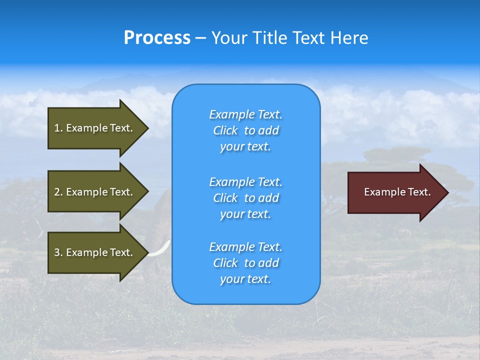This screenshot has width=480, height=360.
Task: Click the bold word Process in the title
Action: [x=157, y=38]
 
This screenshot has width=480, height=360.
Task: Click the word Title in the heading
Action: [x=270, y=38]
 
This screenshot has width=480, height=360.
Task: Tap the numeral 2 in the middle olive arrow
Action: [x=57, y=192]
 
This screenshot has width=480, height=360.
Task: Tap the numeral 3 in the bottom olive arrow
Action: [x=57, y=252]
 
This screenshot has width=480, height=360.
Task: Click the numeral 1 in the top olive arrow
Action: [x=56, y=128]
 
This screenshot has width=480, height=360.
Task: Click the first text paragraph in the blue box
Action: [x=245, y=130]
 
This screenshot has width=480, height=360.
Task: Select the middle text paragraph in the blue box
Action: [x=245, y=197]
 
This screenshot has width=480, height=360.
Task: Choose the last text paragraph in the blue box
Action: [x=245, y=263]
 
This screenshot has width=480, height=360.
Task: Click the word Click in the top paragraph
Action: [x=225, y=130]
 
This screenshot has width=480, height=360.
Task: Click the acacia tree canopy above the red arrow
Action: [x=390, y=155]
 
